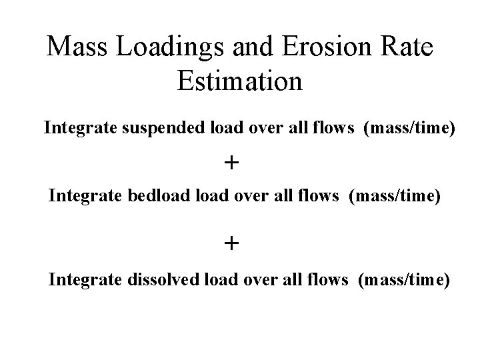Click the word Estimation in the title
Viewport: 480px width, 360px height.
point(240,81)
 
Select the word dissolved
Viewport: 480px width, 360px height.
point(161,280)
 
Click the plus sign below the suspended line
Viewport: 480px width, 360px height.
point(231,162)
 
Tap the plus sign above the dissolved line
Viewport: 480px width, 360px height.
point(231,243)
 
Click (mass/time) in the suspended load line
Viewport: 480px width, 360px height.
point(409,127)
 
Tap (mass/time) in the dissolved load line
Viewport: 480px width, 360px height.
point(404,280)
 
